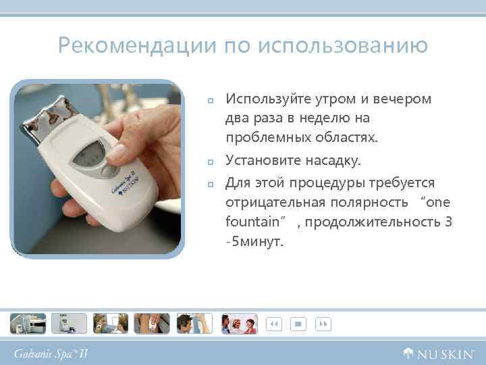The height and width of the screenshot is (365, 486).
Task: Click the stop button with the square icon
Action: [x=297, y=324]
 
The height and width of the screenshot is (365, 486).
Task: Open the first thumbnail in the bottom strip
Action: [x=28, y=324]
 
